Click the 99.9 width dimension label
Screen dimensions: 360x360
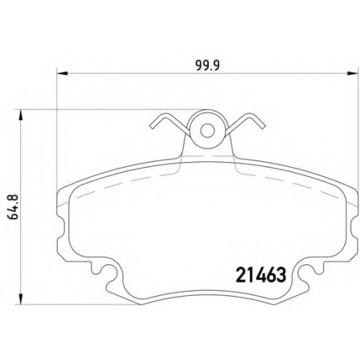[208, 66]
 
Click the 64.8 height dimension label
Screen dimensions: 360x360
[14, 207]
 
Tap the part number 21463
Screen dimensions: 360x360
[261, 275]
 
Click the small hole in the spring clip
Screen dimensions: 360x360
[207, 130]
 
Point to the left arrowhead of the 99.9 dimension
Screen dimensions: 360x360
[62, 73]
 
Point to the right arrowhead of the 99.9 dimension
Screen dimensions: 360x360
[354, 73]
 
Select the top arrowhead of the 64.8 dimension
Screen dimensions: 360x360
[22, 115]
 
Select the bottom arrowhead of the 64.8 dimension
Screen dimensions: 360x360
[22, 299]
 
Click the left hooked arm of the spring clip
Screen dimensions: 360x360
[168, 122]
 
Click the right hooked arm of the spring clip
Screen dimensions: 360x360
[247, 122]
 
